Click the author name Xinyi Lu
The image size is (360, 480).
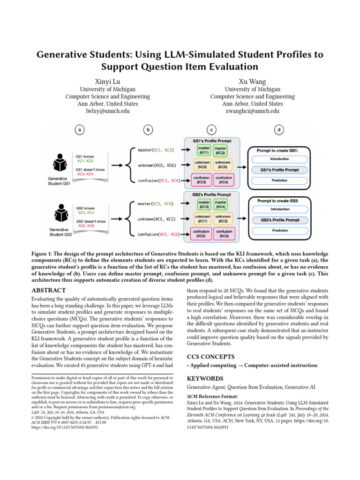[x=108, y=81]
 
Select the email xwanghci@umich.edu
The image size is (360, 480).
[x=252, y=111]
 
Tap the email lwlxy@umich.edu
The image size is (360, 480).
[x=108, y=111]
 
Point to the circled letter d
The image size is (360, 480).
[x=279, y=130]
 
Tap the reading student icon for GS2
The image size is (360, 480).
[x=60, y=217]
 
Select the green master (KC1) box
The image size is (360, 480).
[x=203, y=150]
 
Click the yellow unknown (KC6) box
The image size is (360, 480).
[x=223, y=165]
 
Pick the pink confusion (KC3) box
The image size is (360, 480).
[x=203, y=180]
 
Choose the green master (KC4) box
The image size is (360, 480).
[x=223, y=204]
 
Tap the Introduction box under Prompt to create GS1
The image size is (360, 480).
[x=279, y=159]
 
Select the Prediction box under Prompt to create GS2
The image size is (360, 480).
[x=279, y=231]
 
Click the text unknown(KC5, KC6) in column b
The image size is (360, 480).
[x=157, y=165]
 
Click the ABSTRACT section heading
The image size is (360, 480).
[x=48, y=290]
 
